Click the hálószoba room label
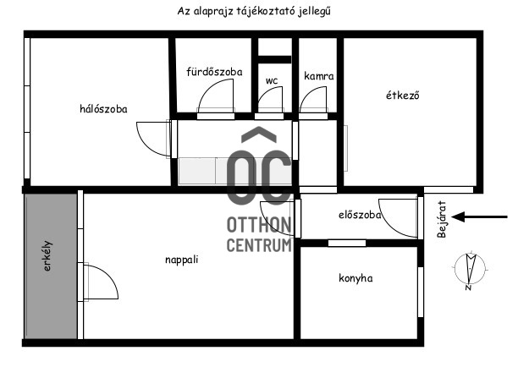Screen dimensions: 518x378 [x=103, y=109]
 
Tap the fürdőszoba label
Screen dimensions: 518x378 [x=214, y=72]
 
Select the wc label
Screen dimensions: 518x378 [x=272, y=80]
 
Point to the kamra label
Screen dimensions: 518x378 [x=319, y=76]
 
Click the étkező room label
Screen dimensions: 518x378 [x=402, y=95]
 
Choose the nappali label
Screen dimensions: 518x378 [x=182, y=260]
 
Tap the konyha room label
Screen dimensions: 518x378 [x=355, y=278]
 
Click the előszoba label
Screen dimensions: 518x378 [x=360, y=215]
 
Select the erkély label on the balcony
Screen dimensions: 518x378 [x=48, y=256]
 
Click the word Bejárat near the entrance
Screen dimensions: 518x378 [x=442, y=219]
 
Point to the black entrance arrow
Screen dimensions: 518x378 [x=479, y=216]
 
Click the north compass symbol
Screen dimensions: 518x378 [x=470, y=270]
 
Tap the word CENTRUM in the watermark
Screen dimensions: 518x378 [x=259, y=245]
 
